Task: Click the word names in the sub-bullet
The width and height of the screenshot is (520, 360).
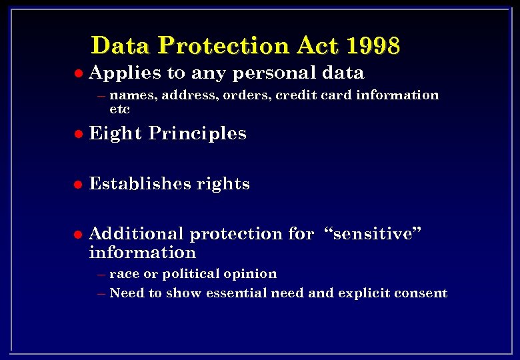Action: [133, 95]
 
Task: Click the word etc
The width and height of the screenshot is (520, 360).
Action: [119, 109]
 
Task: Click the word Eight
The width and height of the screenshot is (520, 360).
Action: [115, 134]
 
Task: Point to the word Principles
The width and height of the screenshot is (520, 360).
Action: [197, 134]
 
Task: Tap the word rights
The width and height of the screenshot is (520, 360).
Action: [223, 185]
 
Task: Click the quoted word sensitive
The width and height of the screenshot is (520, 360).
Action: [373, 234]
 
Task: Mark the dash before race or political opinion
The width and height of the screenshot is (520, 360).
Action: [101, 275]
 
